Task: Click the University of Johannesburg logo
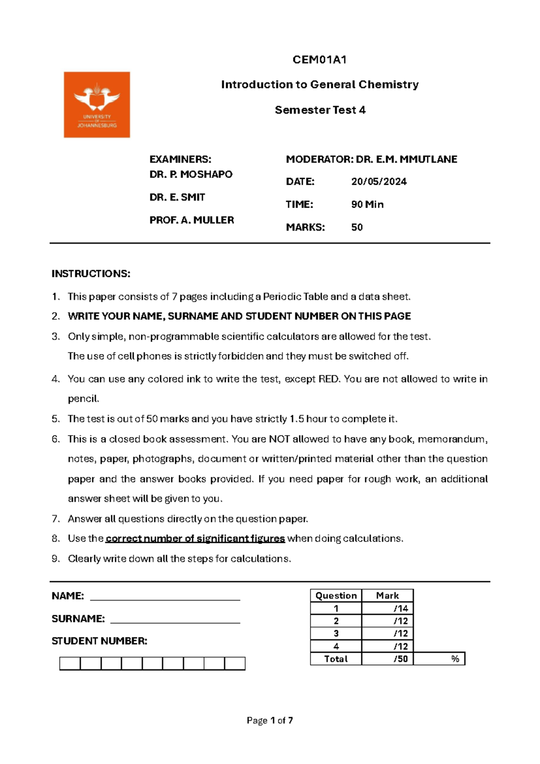pyautogui.click(x=97, y=105)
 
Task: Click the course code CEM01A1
pyautogui.click(x=319, y=60)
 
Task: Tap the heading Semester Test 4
pyautogui.click(x=320, y=110)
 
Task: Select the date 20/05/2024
pyautogui.click(x=379, y=182)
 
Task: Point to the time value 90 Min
pyautogui.click(x=367, y=205)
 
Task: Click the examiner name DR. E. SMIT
pyautogui.click(x=177, y=197)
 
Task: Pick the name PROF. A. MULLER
pyautogui.click(x=192, y=220)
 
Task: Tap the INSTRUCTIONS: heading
pyautogui.click(x=91, y=274)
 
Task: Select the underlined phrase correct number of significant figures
pyautogui.click(x=195, y=539)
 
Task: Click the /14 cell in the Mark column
pyautogui.click(x=387, y=609)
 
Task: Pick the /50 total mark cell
pyautogui.click(x=387, y=659)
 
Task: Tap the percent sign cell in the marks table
pyautogui.click(x=439, y=659)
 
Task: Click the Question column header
pyautogui.click(x=336, y=596)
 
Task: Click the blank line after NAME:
pyautogui.click(x=165, y=597)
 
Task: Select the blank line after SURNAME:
pyautogui.click(x=175, y=619)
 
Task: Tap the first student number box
pyautogui.click(x=70, y=664)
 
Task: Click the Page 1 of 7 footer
pyautogui.click(x=270, y=721)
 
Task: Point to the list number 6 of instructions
pyautogui.click(x=55, y=439)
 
